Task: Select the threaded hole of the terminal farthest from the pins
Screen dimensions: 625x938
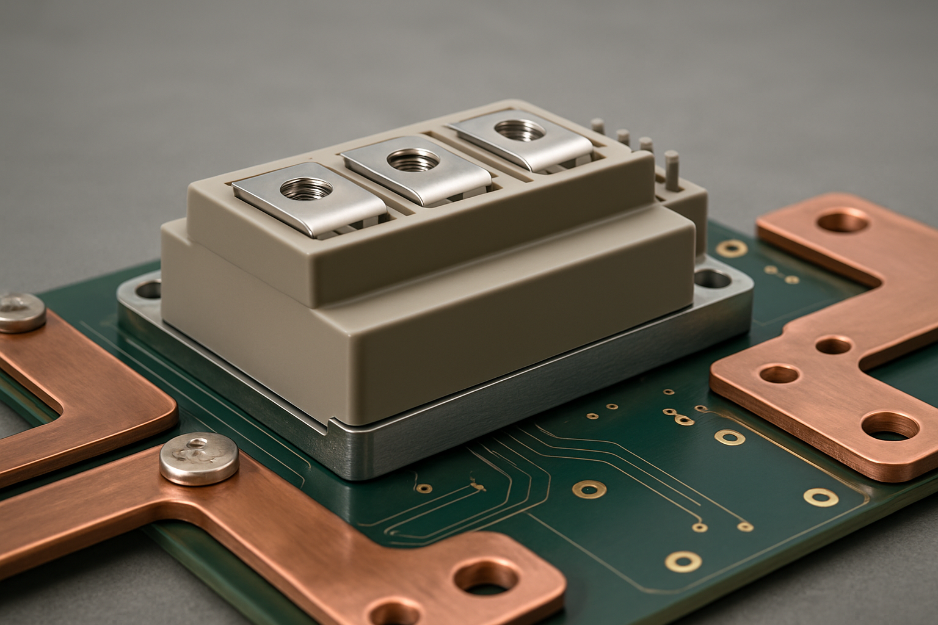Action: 299,188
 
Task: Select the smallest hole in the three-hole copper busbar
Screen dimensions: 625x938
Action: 833,345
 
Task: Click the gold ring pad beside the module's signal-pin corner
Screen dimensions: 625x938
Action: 732,247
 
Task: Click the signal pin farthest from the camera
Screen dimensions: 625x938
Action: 598,128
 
